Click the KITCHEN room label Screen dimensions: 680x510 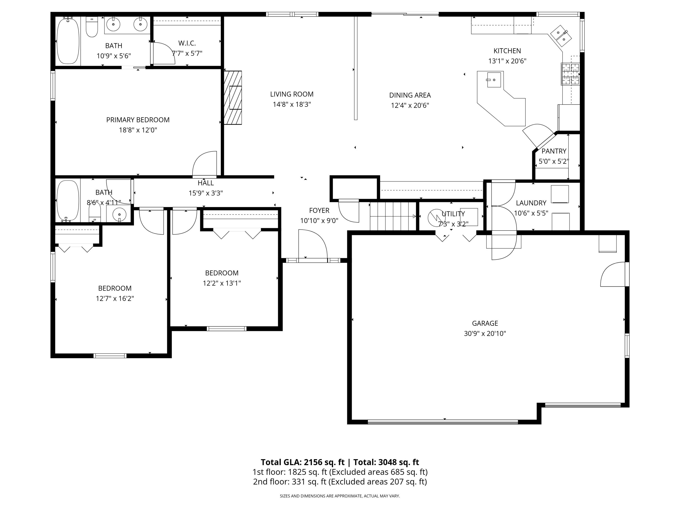point(507,51)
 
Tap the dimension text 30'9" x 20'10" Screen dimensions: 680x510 point(485,334)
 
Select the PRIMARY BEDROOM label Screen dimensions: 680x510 point(138,120)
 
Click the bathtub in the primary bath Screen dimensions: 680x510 point(68,41)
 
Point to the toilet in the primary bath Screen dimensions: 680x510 point(92,27)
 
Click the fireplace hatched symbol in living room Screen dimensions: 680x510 point(233,98)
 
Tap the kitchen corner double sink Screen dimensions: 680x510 point(561,36)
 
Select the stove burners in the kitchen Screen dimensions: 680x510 point(570,74)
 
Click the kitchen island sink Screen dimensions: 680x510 point(494,80)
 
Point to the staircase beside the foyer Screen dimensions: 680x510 point(393,216)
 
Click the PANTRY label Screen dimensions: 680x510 point(554,151)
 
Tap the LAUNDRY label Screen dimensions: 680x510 point(531,203)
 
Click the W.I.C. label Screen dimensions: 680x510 point(187,43)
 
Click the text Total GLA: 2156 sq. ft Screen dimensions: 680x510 point(303,462)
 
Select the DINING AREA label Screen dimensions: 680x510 point(410,95)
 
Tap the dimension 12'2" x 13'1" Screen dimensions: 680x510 point(222,283)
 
